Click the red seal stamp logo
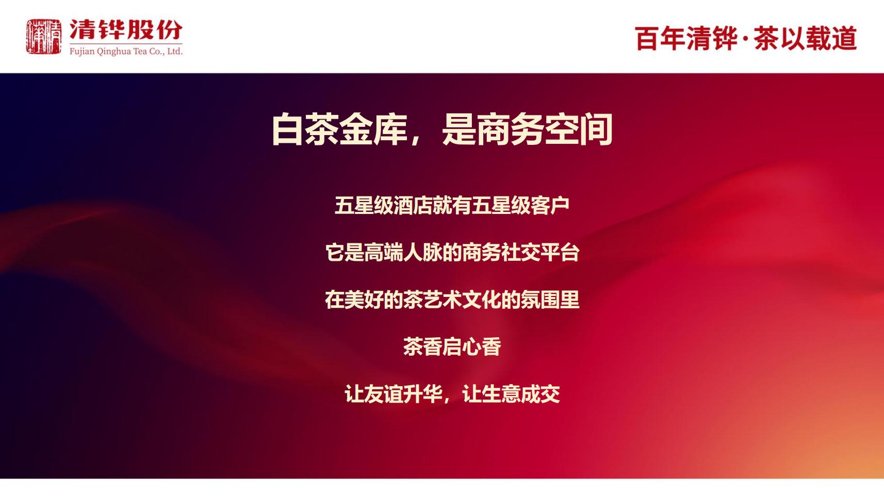44,36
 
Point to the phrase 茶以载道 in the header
806,39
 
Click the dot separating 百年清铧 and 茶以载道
745,39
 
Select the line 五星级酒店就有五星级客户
452,206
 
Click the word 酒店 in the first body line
413,206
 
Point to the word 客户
550,206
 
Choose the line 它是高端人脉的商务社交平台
452,253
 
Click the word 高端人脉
403,253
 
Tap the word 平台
560,253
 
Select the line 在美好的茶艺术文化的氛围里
452,300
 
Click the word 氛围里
550,300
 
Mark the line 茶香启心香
452,347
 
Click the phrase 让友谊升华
393,394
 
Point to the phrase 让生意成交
511,394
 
